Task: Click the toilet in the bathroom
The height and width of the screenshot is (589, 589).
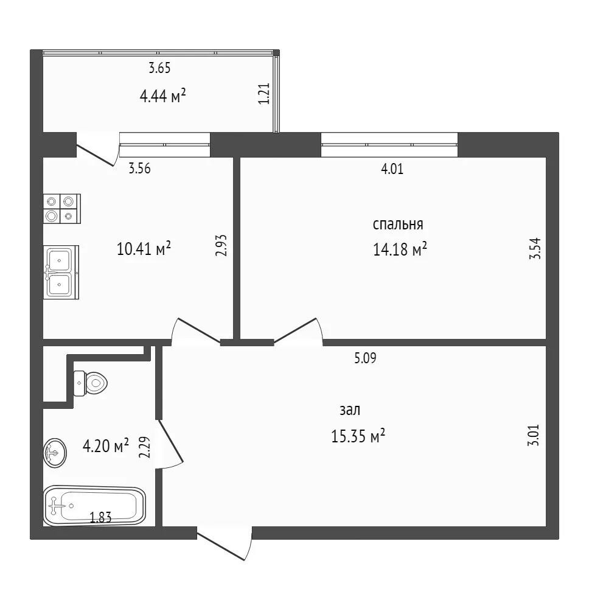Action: point(91,383)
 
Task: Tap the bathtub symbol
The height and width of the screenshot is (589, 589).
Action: point(95,506)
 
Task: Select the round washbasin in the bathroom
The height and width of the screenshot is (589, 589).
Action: point(55,453)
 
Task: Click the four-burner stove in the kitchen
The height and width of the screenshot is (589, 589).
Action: point(62,209)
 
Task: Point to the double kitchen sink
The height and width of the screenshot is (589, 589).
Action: point(61,273)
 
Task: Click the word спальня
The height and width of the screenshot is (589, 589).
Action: point(398,225)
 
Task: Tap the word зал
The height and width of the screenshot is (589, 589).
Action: point(350,410)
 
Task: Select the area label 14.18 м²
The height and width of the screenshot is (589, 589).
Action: point(400,249)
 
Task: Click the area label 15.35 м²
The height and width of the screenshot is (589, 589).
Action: point(358,436)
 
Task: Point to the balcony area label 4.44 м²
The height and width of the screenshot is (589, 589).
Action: point(162,96)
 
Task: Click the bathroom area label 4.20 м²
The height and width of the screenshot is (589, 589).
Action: point(105,446)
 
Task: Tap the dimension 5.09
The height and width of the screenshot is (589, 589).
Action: point(365,358)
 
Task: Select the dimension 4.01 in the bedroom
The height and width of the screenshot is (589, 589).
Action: point(392,169)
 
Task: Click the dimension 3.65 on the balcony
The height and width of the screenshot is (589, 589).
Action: point(159,68)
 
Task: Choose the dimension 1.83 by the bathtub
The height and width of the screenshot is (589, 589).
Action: point(100,518)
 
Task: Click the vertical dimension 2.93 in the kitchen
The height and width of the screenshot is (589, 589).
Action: point(221,245)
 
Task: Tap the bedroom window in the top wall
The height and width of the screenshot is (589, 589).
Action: point(389,145)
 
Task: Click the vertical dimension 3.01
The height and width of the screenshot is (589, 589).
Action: point(534,435)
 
